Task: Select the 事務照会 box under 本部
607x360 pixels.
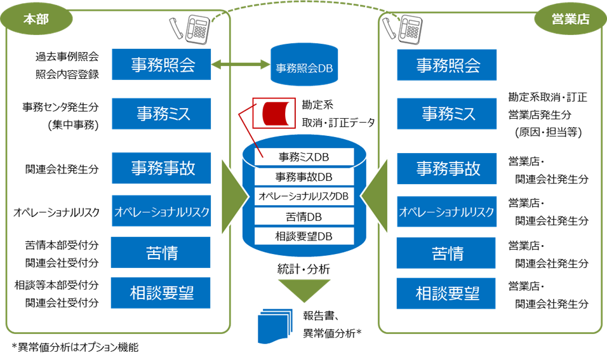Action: (161, 65)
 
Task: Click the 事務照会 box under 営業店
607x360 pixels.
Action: (447, 65)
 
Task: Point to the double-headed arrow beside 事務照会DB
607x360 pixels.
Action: (241, 65)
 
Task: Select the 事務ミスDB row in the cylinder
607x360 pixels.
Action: (304, 156)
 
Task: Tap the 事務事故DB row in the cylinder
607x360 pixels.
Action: (304, 176)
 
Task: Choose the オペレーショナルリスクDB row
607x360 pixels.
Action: (304, 196)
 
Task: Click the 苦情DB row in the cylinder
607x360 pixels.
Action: (304, 217)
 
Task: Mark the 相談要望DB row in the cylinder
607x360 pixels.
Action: (304, 237)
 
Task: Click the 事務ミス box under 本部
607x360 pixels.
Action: (161, 114)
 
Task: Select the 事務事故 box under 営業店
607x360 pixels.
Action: (447, 168)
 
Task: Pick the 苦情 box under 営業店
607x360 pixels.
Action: (447, 253)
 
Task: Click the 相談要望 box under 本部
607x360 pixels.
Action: (161, 293)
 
